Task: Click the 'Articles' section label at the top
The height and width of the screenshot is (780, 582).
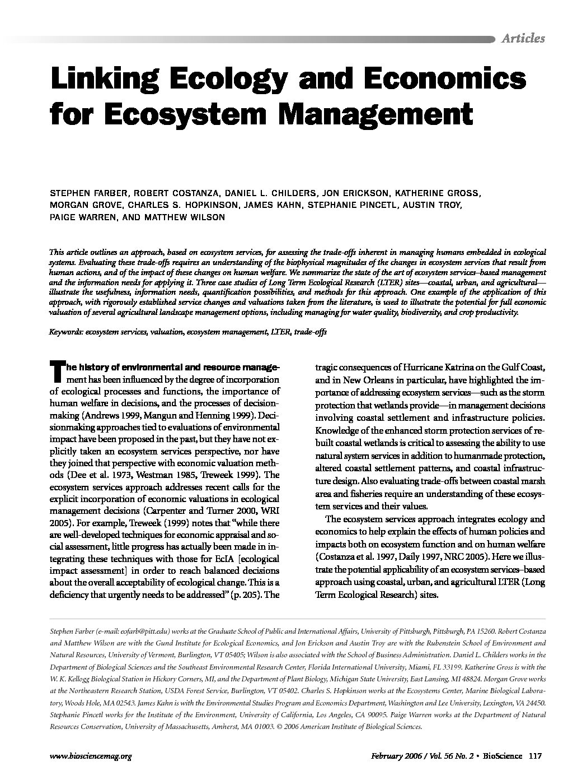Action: coord(523,38)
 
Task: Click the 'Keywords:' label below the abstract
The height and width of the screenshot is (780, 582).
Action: coord(66,332)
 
